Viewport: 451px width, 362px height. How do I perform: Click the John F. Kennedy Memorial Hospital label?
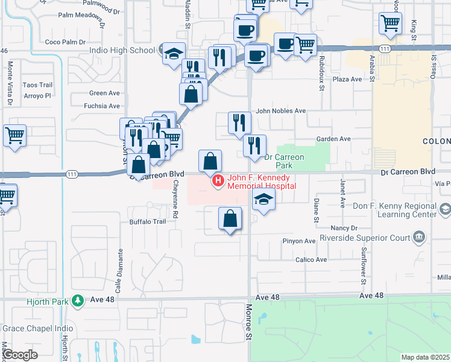(x=261, y=182)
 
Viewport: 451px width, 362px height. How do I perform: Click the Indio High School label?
(x=122, y=51)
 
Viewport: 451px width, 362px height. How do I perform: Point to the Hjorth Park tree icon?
(x=77, y=300)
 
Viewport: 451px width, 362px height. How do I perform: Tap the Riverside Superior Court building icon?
(x=419, y=237)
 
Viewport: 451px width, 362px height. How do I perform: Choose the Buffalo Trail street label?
(x=147, y=221)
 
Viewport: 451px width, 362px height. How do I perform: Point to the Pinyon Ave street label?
(x=300, y=241)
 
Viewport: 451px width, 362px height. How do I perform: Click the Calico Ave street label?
(x=311, y=259)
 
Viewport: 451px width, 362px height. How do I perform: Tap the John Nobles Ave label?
(x=280, y=111)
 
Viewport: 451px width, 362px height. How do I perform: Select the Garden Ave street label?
(x=333, y=139)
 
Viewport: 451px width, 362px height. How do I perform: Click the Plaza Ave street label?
(x=347, y=79)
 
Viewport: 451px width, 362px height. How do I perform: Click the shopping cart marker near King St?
(x=391, y=24)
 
